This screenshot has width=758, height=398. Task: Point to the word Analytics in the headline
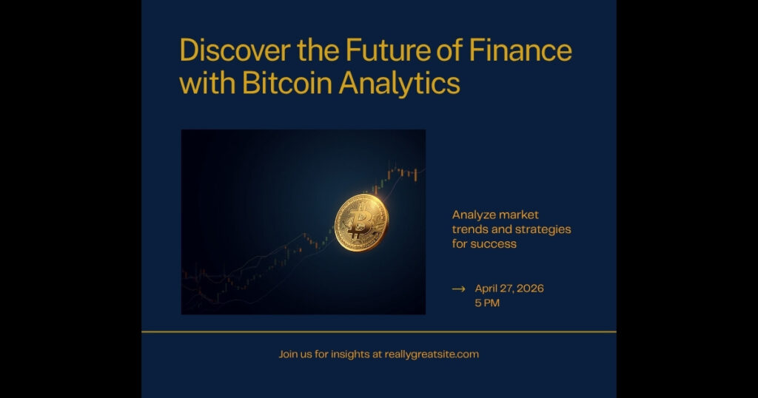(x=400, y=83)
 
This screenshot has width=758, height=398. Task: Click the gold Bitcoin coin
(x=361, y=222)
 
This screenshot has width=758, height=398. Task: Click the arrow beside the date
(x=458, y=289)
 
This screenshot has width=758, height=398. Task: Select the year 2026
(x=529, y=289)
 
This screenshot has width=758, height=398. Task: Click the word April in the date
(x=488, y=289)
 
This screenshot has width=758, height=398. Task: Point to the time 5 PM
(x=487, y=303)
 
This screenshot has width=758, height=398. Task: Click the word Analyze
(x=475, y=215)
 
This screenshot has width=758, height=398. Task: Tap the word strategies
(x=543, y=229)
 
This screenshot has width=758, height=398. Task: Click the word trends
(x=469, y=229)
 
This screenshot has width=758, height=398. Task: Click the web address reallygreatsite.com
(x=432, y=354)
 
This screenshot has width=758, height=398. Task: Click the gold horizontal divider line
(x=379, y=331)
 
